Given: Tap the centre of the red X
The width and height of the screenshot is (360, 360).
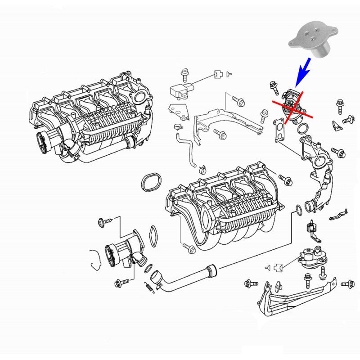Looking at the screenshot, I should point(292,108).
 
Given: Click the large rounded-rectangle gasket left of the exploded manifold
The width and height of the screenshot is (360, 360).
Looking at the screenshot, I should point(151,181).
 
